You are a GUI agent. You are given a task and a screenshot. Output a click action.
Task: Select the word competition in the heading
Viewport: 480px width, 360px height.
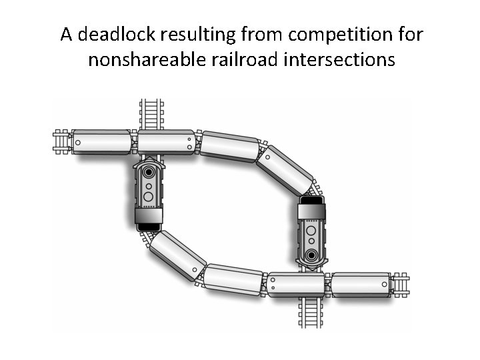click(317, 34)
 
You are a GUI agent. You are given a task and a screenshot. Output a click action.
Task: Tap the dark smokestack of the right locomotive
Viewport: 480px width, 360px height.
click(311, 255)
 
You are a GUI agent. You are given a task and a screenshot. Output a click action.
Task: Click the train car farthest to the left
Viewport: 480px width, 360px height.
click(101, 142)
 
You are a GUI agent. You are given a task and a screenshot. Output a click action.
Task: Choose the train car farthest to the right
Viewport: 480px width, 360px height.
click(361, 285)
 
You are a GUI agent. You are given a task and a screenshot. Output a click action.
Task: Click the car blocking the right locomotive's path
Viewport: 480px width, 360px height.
click(296, 285)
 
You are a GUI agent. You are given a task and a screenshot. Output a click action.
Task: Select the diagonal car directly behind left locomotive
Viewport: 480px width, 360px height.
click(177, 255)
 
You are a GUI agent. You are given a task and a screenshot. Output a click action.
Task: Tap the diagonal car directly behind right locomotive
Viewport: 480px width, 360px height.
click(285, 170)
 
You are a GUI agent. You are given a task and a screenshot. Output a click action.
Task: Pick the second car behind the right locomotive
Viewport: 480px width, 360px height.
click(230, 146)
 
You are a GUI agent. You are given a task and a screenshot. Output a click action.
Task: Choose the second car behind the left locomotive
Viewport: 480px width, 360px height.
click(233, 279)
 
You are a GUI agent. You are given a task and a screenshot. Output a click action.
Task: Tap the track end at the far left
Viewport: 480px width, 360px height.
click(63, 142)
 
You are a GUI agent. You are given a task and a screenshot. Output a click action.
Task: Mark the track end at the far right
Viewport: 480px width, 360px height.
click(401, 285)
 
